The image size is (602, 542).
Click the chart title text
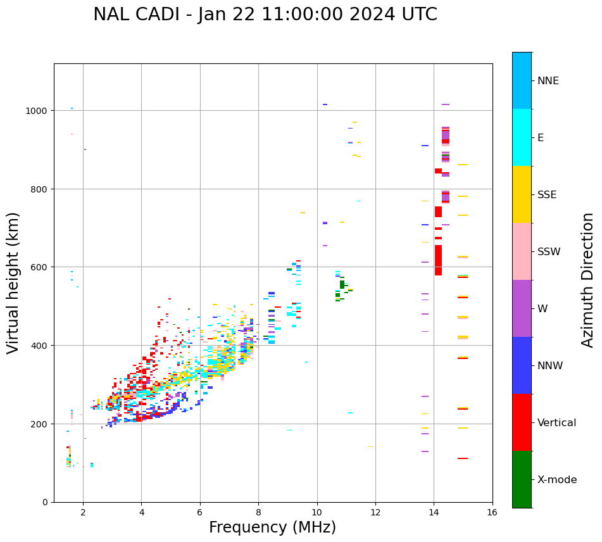(265, 15)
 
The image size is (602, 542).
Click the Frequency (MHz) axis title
(272, 527)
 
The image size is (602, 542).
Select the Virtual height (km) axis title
(13, 282)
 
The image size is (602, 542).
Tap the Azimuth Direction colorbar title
(588, 280)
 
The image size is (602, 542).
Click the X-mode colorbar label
(557, 480)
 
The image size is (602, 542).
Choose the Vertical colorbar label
(557, 423)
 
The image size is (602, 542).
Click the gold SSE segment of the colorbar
(522, 194)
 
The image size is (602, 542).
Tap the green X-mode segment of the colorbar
(522, 479)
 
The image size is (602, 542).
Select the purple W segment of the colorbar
(522, 308)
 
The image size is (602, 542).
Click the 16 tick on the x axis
(492, 512)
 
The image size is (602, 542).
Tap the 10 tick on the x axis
(317, 512)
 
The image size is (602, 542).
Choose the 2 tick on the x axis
(83, 512)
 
